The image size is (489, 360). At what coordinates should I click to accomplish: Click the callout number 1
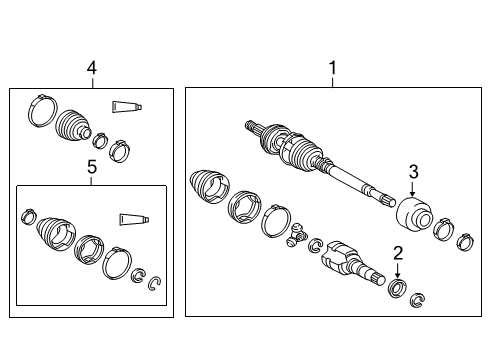tap(333, 68)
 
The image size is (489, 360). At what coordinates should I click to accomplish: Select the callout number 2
tap(397, 252)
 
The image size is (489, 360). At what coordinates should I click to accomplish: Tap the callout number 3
tap(412, 171)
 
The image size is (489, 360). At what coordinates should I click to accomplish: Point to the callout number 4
tap(91, 68)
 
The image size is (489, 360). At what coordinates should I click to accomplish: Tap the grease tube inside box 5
tap(133, 220)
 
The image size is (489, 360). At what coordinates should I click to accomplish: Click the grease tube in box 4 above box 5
tap(126, 105)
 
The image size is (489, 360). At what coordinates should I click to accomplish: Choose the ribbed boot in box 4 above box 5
tap(71, 127)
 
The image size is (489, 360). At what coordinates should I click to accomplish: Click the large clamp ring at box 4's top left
tap(41, 109)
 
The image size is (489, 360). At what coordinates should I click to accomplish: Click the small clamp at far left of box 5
tap(28, 216)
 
